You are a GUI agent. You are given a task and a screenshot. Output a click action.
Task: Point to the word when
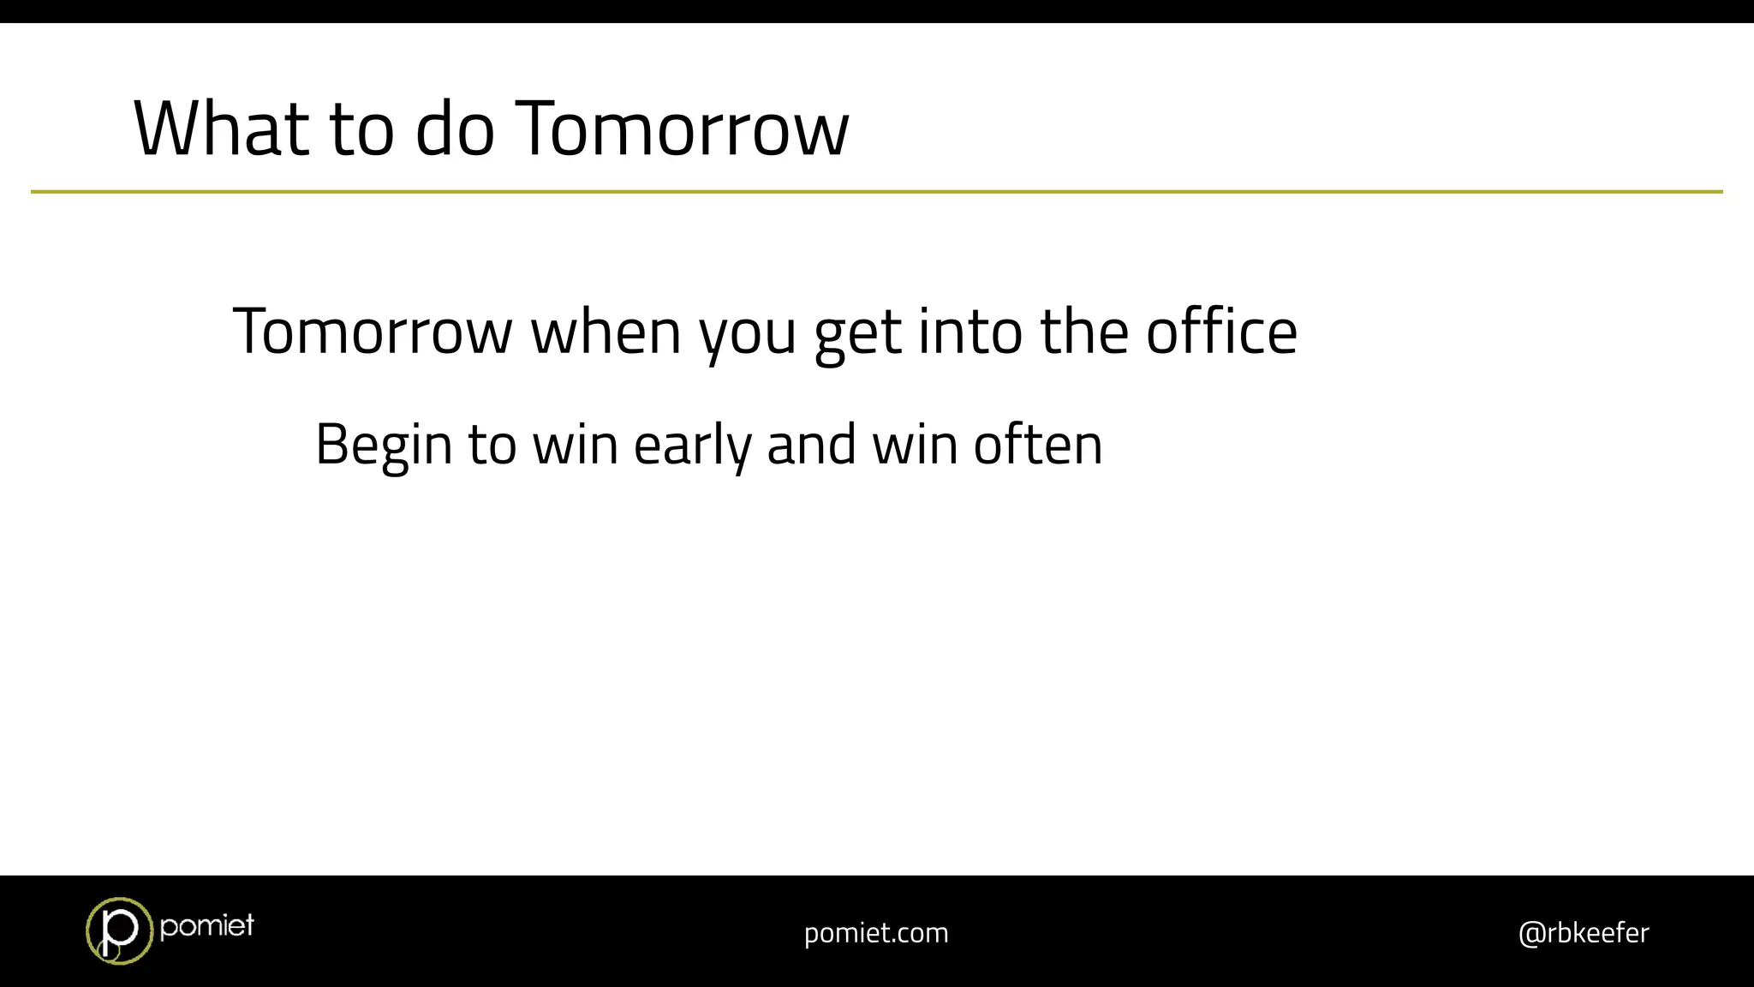[606, 332]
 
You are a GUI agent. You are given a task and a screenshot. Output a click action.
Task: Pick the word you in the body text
[748, 334]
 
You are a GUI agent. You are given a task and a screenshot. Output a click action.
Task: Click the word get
[857, 334]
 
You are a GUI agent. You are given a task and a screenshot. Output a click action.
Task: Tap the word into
[969, 332]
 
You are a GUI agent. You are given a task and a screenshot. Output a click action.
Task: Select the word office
[1222, 332]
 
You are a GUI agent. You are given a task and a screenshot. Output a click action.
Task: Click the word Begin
[383, 446]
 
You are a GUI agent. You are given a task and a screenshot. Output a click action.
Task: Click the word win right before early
[575, 446]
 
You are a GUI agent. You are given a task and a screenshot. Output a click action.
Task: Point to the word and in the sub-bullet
[811, 446]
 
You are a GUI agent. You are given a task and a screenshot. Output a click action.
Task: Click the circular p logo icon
[119, 930]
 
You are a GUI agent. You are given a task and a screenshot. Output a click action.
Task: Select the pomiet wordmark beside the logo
[206, 925]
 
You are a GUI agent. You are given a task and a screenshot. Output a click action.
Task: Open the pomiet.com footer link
[876, 932]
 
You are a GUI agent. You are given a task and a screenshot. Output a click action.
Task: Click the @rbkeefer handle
[1583, 932]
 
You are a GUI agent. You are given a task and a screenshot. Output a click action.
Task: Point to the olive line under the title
[877, 192]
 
